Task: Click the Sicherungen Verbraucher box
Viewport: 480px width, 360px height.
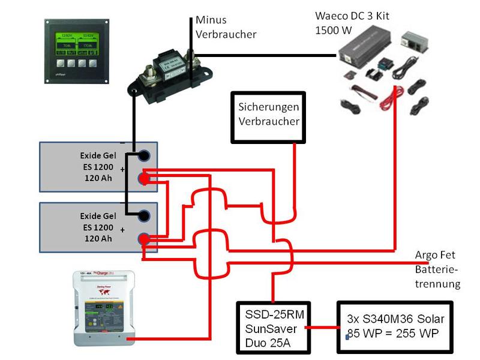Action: coord(268,117)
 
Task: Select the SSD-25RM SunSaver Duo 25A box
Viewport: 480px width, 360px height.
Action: coord(273,328)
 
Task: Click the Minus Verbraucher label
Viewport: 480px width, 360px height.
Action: coord(226,28)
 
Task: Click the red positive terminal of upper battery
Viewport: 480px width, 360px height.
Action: coord(145,178)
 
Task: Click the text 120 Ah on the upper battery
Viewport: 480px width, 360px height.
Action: coord(98,178)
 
